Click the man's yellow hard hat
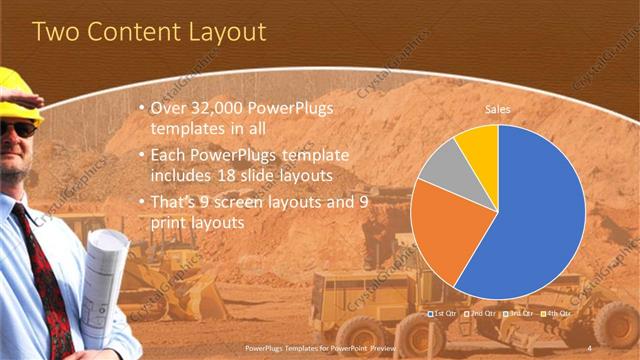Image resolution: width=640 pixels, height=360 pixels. click(x=19, y=95)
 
